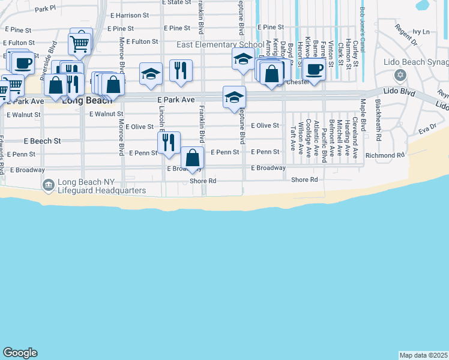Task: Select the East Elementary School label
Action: coord(220,45)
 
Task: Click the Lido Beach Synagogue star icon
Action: coord(400,75)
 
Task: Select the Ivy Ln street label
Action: coord(422,31)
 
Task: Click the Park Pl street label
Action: coord(45,9)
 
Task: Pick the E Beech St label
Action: coord(43,141)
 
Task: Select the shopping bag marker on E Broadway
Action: coord(192,158)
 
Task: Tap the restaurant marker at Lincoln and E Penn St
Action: coord(169,143)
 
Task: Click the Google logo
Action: coord(20,353)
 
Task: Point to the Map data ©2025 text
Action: coord(423,355)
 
